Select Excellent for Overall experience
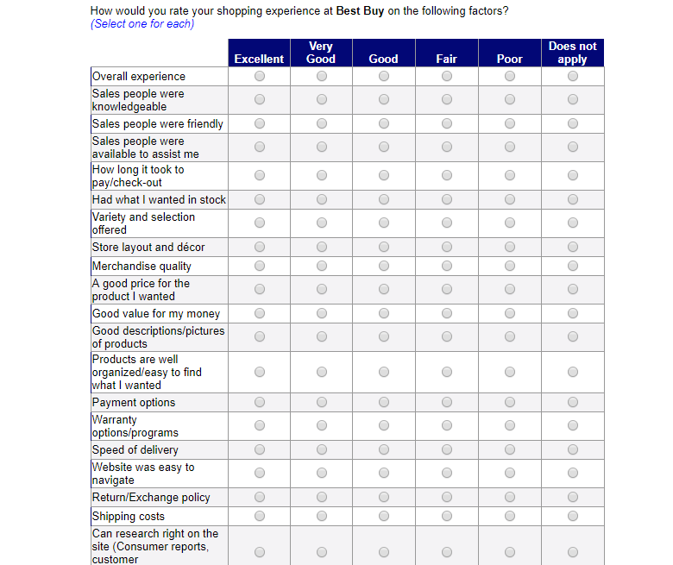tap(260, 77)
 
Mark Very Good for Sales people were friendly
tap(322, 124)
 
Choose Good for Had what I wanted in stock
tap(384, 200)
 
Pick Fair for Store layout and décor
tap(447, 248)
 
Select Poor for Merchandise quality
tap(510, 267)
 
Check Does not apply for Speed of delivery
tap(573, 450)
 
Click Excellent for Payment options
tap(260, 403)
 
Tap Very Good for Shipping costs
tap(322, 517)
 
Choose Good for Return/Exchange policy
tap(384, 498)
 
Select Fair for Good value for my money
tap(447, 314)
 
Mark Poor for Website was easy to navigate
tap(510, 474)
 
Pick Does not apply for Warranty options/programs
tap(573, 426)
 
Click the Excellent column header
tap(259, 59)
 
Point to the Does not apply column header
tap(573, 53)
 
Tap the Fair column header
tap(447, 59)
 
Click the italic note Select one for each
tap(142, 24)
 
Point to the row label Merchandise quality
tap(142, 267)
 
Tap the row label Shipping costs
tap(129, 517)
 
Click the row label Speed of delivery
tap(135, 450)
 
